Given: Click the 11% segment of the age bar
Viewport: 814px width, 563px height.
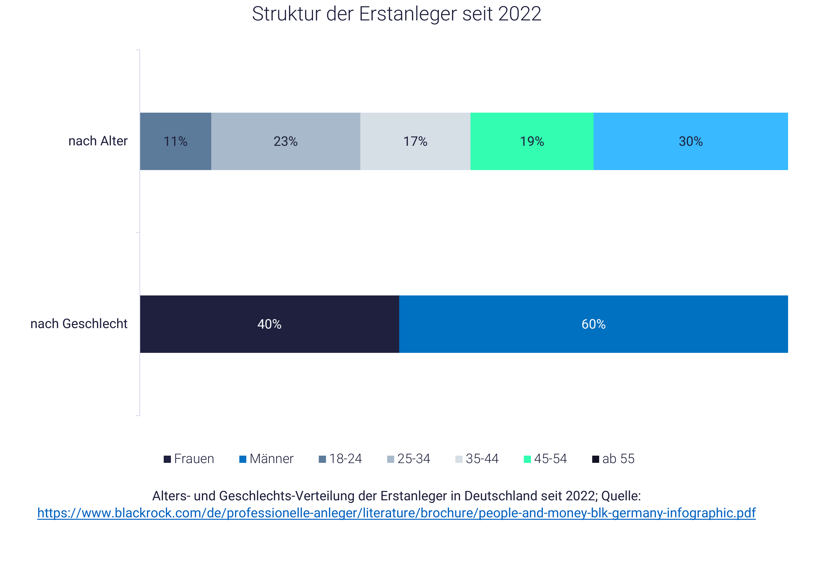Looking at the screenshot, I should point(175,141).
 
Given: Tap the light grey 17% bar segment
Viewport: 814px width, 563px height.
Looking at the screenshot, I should point(415,141).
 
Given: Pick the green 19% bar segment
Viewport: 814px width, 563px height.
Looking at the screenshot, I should point(532,141).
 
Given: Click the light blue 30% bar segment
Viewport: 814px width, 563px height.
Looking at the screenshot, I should point(690,141).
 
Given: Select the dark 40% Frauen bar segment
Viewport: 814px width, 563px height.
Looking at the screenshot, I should point(269,324).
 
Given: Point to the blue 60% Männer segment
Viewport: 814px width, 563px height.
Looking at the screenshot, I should point(593,324).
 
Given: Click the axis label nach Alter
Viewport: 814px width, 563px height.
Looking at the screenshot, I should point(98,141).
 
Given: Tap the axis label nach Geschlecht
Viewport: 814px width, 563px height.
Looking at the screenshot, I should point(79,324).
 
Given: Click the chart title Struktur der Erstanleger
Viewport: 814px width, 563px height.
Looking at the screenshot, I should point(396,14).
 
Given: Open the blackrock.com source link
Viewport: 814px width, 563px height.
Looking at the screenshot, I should point(396,513).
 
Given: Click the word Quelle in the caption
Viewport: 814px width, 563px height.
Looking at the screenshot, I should point(621,496).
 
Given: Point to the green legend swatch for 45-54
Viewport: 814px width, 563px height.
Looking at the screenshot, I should point(527,459).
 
